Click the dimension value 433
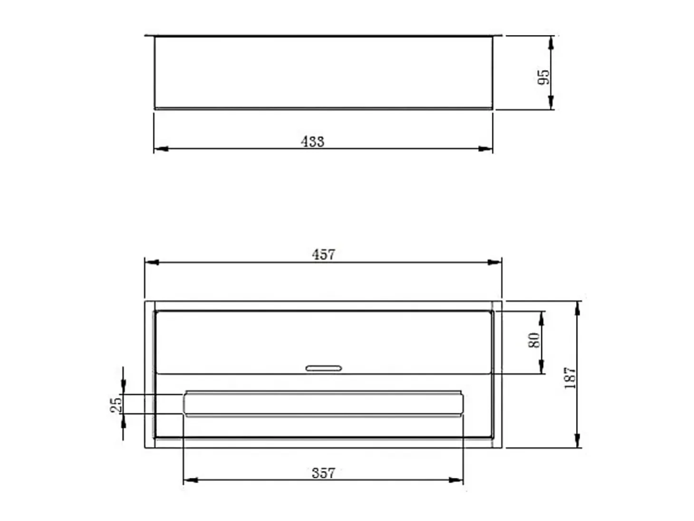point(312,141)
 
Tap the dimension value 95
point(543,77)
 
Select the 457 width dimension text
point(323,255)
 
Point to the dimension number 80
point(534,340)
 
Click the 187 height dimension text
point(570,378)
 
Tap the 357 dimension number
point(323,473)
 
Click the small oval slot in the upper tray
point(323,368)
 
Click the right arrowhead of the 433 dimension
point(485,148)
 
